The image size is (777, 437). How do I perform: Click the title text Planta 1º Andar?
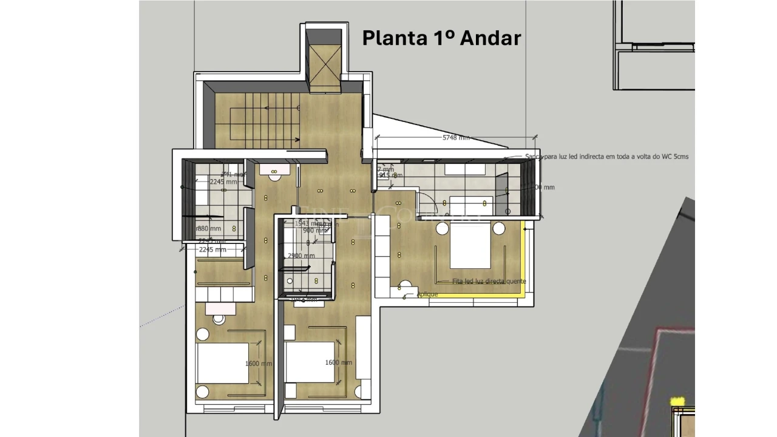coord(441,38)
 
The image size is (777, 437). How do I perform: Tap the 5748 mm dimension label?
coord(456,138)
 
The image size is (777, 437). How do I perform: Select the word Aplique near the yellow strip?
coord(427,294)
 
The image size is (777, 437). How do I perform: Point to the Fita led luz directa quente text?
coord(489,282)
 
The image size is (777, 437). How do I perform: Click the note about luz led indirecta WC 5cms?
coord(606,157)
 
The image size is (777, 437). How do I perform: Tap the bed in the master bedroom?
coord(470,245)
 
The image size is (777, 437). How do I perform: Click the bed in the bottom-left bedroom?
coord(222,363)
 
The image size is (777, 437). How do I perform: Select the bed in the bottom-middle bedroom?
coord(310,362)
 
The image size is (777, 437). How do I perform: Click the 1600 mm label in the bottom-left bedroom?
coord(259,364)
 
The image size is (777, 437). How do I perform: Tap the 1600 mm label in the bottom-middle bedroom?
coord(338,362)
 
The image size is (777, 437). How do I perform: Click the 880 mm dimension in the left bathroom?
coord(209,229)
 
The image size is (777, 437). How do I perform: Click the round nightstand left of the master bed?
coord(441,229)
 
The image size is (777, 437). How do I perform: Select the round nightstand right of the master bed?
coord(499,229)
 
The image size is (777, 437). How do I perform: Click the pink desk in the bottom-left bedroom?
coord(220,308)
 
